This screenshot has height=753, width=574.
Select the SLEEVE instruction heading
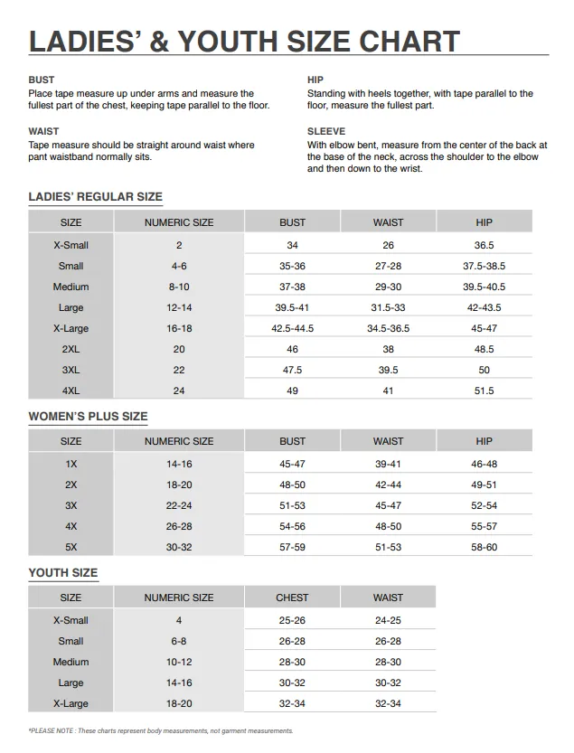[326, 132]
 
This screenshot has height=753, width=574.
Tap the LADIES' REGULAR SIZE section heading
[96, 197]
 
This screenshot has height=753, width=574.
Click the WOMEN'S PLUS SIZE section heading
[88, 417]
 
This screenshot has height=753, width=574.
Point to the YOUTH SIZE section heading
[63, 573]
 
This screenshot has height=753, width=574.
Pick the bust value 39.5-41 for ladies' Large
[292, 308]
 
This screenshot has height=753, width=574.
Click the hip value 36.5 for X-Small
[484, 246]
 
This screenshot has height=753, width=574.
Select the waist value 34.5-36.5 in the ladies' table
[388, 329]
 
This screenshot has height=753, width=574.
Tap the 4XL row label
[71, 391]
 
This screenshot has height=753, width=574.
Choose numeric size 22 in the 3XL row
[179, 371]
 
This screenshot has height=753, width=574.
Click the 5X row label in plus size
[71, 548]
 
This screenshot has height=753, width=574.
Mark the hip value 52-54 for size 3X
[484, 506]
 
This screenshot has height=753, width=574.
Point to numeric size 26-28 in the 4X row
[179, 527]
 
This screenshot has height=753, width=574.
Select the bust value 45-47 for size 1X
[292, 465]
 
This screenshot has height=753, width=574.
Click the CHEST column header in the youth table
[292, 598]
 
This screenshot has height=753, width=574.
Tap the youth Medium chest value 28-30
[292, 663]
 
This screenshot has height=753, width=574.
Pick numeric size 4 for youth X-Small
[179, 621]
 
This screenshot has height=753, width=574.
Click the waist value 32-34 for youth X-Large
[388, 704]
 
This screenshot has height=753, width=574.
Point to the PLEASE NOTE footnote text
[161, 731]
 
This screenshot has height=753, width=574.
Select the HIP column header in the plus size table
[484, 442]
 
